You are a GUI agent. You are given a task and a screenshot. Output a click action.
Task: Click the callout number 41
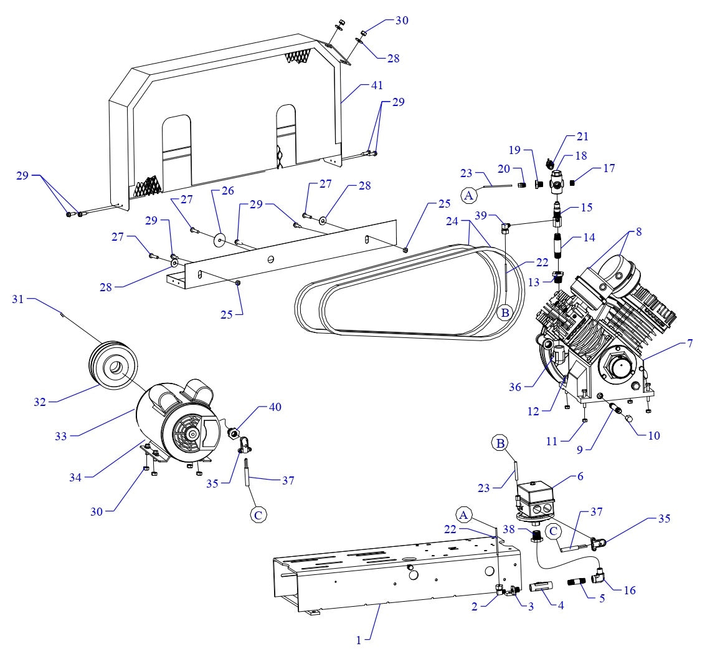(377, 85)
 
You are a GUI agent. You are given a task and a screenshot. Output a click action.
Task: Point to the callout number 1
(359, 639)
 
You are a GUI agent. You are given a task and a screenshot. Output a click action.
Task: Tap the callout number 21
(582, 137)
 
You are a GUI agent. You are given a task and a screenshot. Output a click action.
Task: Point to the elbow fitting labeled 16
(602, 576)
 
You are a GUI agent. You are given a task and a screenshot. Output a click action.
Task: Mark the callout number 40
(275, 407)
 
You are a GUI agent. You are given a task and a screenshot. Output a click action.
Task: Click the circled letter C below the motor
(257, 515)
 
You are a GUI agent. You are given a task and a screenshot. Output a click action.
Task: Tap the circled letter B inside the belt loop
(504, 312)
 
